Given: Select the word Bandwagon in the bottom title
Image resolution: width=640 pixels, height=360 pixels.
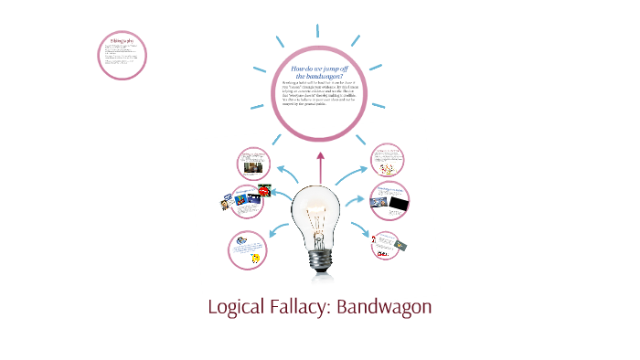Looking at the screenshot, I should click(x=383, y=307).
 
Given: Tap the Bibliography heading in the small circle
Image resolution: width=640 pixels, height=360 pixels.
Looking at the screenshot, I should click(x=122, y=41).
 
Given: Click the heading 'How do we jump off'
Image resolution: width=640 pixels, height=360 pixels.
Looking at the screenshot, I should click(x=321, y=69).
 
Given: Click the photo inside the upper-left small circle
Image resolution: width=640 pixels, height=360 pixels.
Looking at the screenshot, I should click(x=251, y=170).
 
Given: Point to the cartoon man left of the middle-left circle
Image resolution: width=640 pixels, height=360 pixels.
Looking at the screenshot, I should click(x=223, y=203).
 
